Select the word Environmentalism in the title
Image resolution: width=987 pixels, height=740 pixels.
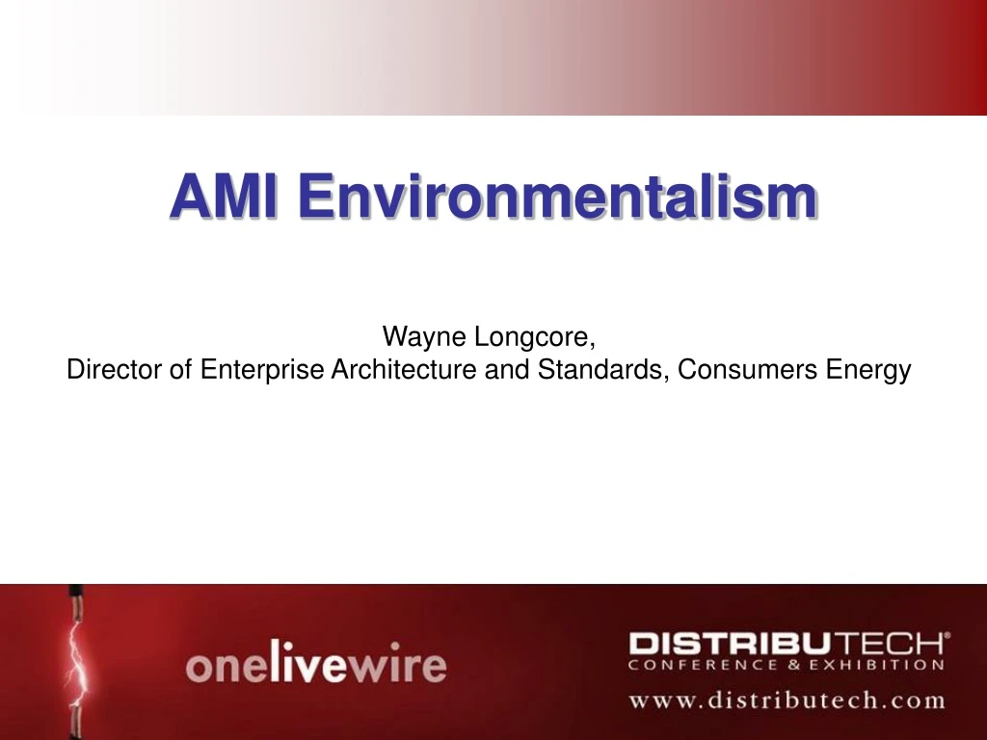pyautogui.click(x=556, y=196)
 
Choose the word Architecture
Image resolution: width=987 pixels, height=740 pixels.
pyautogui.click(x=404, y=370)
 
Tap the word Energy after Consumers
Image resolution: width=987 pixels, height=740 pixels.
pyautogui.click(x=868, y=370)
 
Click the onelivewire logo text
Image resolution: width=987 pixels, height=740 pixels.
pyautogui.click(x=316, y=665)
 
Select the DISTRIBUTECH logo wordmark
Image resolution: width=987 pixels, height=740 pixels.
pyautogui.click(x=785, y=643)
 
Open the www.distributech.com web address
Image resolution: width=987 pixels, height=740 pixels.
pyautogui.click(x=787, y=700)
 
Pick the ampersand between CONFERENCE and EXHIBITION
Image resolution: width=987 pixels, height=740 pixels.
pyautogui.click(x=781, y=664)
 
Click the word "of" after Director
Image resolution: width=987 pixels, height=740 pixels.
pyautogui.click(x=182, y=370)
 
